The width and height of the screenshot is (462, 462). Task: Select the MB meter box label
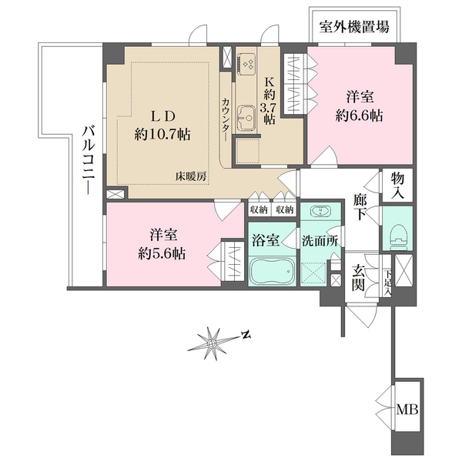(407, 410)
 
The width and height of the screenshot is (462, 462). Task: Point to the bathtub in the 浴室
(273, 273)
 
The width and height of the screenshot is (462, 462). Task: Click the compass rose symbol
(213, 341)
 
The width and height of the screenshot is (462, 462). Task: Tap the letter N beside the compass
(246, 335)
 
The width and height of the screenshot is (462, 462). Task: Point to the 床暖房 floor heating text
(189, 176)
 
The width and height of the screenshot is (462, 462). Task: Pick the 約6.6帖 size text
(360, 116)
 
